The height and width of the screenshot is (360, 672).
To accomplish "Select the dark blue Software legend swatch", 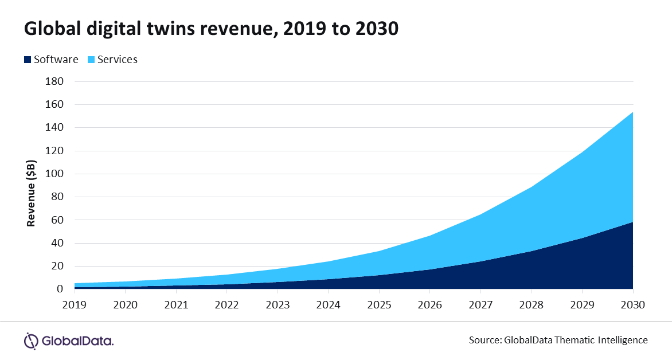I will tap(27, 59).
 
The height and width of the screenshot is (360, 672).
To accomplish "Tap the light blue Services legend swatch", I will tap(91, 59).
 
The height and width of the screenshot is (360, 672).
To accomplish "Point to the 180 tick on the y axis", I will tap(54, 81).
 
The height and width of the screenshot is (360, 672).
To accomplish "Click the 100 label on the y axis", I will tap(54, 174).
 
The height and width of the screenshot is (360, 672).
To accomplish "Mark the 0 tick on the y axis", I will tap(59, 289).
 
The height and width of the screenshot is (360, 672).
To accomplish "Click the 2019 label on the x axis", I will tap(75, 304).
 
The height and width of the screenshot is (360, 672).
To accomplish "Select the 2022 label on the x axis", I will tap(227, 304).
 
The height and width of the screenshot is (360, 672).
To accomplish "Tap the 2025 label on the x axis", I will tap(379, 304).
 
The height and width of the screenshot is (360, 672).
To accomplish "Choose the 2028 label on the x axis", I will tap(532, 304).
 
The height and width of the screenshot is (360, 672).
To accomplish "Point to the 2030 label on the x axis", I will tap(633, 304).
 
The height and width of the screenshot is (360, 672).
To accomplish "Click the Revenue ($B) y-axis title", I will tap(32, 186).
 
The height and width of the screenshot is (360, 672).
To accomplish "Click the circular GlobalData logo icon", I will tap(31, 341).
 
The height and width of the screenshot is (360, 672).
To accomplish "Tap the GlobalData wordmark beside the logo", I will tap(78, 341).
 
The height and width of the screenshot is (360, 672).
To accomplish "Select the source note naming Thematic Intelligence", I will tap(558, 340).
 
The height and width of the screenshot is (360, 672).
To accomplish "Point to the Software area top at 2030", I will tap(632, 222).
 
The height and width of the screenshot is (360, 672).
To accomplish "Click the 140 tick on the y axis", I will tap(54, 128).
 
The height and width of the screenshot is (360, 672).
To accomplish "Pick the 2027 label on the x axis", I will tap(480, 304).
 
